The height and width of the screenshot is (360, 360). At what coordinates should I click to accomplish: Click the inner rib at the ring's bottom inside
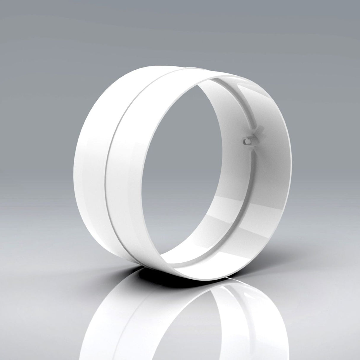pos(190,261)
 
